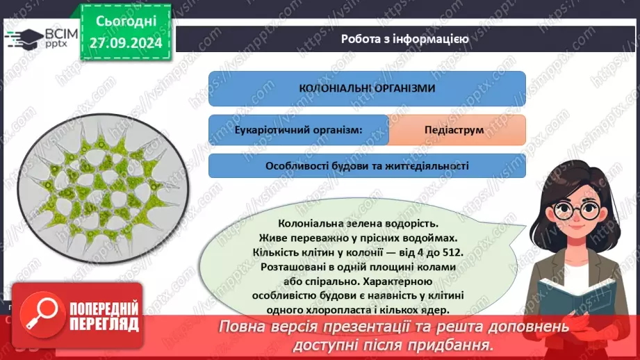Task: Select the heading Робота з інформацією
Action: (404, 40)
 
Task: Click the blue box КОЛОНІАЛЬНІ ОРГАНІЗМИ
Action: (367, 88)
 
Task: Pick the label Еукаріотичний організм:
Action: (299, 130)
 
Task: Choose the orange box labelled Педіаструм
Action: (457, 130)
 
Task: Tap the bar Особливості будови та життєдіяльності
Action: (367, 166)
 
